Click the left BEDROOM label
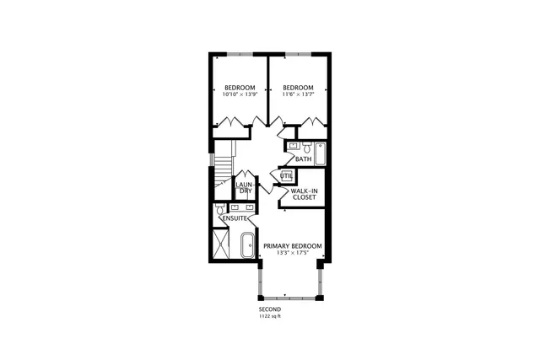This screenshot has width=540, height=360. tap(240, 88)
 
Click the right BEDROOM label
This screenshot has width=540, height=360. tap(298, 88)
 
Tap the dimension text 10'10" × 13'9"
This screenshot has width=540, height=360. tap(240, 94)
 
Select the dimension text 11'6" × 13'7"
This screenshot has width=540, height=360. tap(298, 94)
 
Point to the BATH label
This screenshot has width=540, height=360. tap(304, 159)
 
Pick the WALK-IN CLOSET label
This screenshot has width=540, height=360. tap(303, 194)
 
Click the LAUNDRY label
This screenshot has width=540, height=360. tap(245, 187)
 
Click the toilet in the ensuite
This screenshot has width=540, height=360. tap(219, 207)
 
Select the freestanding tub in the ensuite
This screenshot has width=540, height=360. tap(247, 245)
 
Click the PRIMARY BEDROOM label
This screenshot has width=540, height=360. tap(292, 246)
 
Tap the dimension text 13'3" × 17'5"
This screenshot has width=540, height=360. tap(292, 254)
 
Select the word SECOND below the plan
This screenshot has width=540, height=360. tap(270, 309)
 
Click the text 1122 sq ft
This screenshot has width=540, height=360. tap(270, 316)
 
